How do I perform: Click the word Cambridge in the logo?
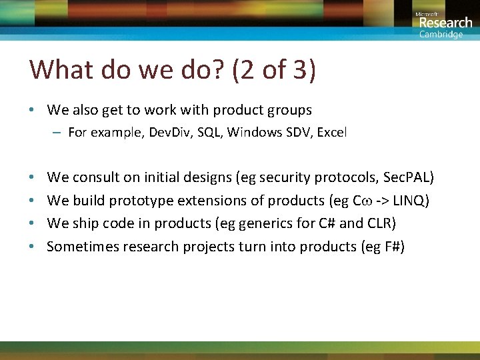click(441, 35)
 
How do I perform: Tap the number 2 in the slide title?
click(246, 70)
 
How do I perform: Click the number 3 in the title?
click(298, 70)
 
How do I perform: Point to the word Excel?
click(332, 133)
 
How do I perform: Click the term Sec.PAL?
click(407, 177)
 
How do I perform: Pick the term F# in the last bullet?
click(389, 247)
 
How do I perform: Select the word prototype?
click(139, 201)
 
